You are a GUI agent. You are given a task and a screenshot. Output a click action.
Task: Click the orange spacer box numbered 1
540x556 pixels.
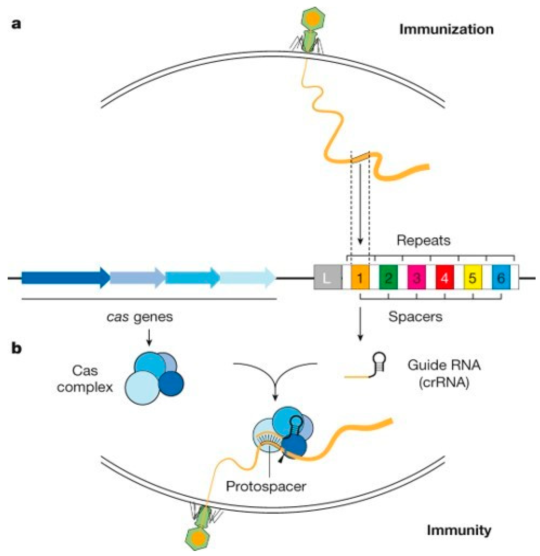pyautogui.click(x=360, y=277)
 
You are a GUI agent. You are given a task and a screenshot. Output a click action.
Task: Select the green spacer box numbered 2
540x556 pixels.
pyautogui.click(x=388, y=277)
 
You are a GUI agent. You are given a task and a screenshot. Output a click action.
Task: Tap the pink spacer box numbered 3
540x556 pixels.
pyautogui.click(x=416, y=277)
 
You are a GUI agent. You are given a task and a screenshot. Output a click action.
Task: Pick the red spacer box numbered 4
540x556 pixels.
pyautogui.click(x=444, y=277)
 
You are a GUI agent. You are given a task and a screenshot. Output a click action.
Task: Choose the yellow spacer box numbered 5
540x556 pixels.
pyautogui.click(x=473, y=277)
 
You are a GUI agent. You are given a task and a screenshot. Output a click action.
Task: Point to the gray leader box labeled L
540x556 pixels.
pyautogui.click(x=328, y=277)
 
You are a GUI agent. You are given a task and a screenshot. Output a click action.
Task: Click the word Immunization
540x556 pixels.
pyautogui.click(x=446, y=30)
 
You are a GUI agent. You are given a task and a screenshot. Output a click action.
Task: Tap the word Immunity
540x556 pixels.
pyautogui.click(x=459, y=530)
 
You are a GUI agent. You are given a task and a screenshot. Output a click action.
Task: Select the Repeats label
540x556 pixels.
pyautogui.click(x=423, y=241)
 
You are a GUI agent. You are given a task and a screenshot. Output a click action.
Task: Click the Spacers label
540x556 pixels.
pyautogui.click(x=415, y=316)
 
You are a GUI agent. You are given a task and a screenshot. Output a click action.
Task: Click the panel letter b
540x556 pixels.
pyautogui.click(x=16, y=348)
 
